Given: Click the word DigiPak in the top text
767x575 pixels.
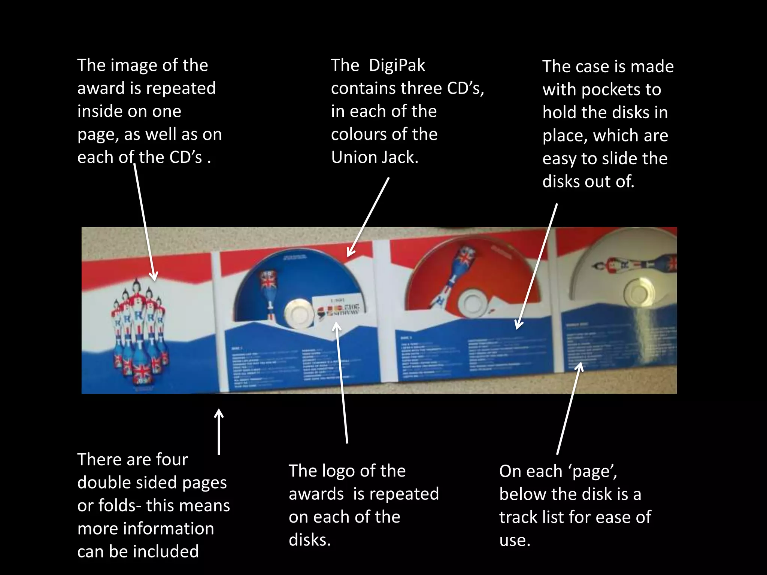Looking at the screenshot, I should pyautogui.click(x=397, y=66).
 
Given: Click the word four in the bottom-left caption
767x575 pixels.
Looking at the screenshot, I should pyautogui.click(x=172, y=460).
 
